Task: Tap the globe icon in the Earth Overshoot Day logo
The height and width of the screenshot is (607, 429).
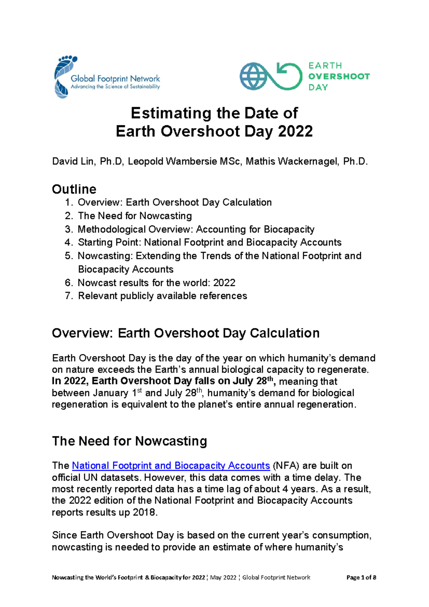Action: pyautogui.click(x=253, y=76)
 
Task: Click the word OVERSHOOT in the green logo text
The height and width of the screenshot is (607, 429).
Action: pyautogui.click(x=339, y=76)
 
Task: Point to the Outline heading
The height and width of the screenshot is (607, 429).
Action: pyautogui.click(x=74, y=189)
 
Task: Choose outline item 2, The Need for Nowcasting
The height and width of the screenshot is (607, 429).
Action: pyautogui.click(x=135, y=216)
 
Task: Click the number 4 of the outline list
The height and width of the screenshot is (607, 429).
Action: pyautogui.click(x=68, y=243)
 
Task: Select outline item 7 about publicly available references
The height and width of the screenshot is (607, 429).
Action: pyautogui.click(x=162, y=296)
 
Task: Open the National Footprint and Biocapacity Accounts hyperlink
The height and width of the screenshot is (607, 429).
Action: pyautogui.click(x=171, y=466)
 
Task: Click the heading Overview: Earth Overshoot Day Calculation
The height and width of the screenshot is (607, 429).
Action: pyautogui.click(x=186, y=333)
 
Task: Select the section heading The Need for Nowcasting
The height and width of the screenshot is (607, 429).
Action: pyautogui.click(x=129, y=441)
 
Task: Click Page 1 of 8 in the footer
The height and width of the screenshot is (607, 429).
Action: pyautogui.click(x=361, y=577)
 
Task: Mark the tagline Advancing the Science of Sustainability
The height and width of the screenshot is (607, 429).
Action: pyautogui.click(x=115, y=87)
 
